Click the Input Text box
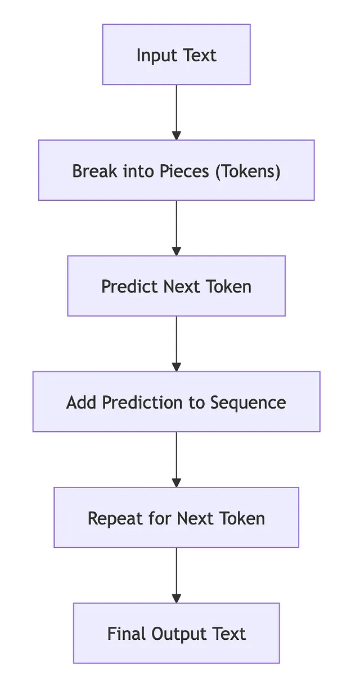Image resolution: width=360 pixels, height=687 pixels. tap(177, 55)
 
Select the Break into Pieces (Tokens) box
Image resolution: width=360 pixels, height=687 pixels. tap(177, 170)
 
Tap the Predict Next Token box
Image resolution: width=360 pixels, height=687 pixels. tap(177, 286)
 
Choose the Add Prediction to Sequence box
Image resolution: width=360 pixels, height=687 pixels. tap(177, 402)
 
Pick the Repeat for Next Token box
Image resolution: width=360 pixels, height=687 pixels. tap(177, 517)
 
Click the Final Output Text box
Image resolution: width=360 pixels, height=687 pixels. tap(177, 633)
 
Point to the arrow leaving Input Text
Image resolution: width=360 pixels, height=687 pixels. tap(177, 112)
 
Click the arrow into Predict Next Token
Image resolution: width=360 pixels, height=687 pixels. tap(177, 228)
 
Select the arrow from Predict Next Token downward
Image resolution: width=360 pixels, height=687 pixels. tap(177, 344)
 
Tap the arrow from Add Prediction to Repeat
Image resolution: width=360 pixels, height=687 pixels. tap(177, 460)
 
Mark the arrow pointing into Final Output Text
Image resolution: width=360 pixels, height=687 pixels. tap(177, 575)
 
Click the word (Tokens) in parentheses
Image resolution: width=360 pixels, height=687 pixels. tap(248, 171)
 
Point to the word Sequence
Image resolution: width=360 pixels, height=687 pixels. tap(248, 403)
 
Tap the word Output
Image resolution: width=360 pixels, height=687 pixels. tap(179, 634)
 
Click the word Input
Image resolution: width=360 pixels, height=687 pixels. tap(157, 56)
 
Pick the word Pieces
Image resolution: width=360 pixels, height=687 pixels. tap(184, 171)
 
